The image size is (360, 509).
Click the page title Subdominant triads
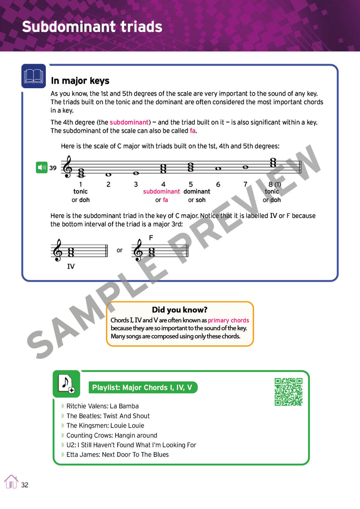(x=92, y=27)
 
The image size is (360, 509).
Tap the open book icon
(x=34, y=76)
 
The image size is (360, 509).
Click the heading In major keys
(x=80, y=81)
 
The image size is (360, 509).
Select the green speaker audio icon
(x=41, y=168)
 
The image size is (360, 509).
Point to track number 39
(x=53, y=168)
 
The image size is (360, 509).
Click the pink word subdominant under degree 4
(x=161, y=192)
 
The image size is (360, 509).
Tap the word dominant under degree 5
(x=197, y=192)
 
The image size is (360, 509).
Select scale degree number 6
(x=218, y=184)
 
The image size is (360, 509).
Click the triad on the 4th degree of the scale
(x=163, y=169)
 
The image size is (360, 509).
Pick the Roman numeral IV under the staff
(x=71, y=267)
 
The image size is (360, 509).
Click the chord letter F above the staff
(x=151, y=238)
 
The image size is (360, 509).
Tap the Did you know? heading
(x=180, y=310)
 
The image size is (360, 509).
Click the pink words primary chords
(x=228, y=320)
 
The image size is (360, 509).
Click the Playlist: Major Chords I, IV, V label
(x=142, y=387)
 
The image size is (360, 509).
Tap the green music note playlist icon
(x=66, y=383)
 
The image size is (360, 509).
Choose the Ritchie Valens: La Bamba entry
(x=102, y=406)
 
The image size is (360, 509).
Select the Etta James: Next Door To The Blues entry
(x=117, y=454)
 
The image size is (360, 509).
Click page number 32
(x=25, y=485)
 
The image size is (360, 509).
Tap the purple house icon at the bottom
(x=11, y=481)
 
